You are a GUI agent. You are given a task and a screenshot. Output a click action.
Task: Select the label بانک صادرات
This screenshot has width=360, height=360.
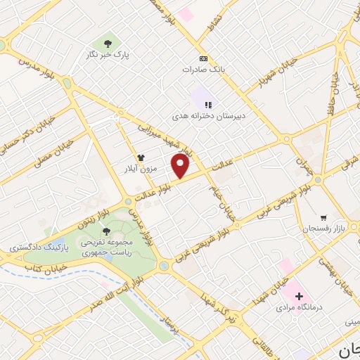202,70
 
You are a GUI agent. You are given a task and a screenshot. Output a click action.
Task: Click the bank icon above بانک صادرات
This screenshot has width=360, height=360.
203,58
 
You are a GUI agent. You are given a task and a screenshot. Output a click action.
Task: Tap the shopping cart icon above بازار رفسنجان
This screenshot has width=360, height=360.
323,217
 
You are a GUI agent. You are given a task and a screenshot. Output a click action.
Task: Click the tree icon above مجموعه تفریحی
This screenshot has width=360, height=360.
106,231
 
